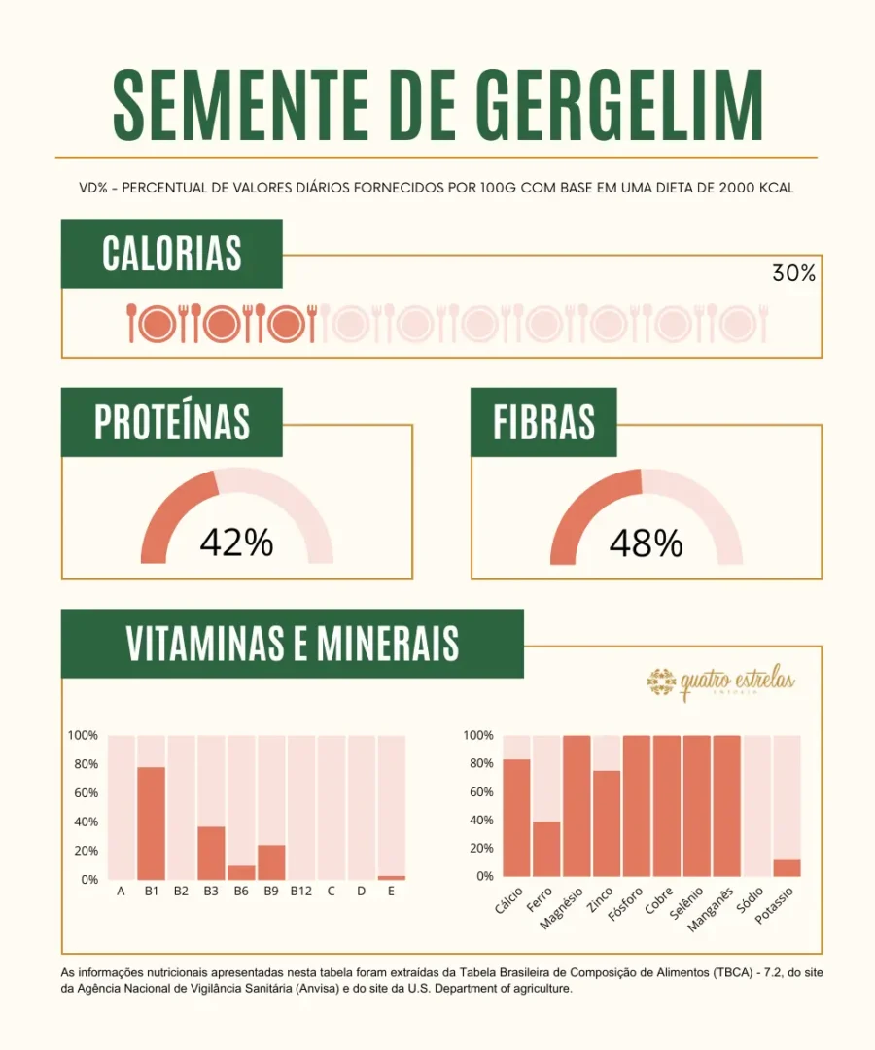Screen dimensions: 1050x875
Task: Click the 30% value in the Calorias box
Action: (793, 273)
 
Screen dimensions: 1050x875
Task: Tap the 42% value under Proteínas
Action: (236, 543)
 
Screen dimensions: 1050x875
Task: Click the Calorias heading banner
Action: (172, 253)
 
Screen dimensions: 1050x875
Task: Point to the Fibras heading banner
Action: (543, 422)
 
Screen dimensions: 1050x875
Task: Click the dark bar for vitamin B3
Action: (211, 853)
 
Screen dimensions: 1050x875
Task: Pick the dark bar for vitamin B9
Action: (271, 861)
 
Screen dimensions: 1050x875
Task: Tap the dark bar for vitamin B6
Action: (241, 872)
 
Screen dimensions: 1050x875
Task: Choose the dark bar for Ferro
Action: (546, 848)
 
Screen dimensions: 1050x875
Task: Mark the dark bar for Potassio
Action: (787, 867)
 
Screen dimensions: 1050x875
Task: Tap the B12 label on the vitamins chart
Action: (300, 891)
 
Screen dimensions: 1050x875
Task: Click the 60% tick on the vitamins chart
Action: (84, 793)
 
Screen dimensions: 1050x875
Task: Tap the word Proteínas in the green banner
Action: (172, 422)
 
